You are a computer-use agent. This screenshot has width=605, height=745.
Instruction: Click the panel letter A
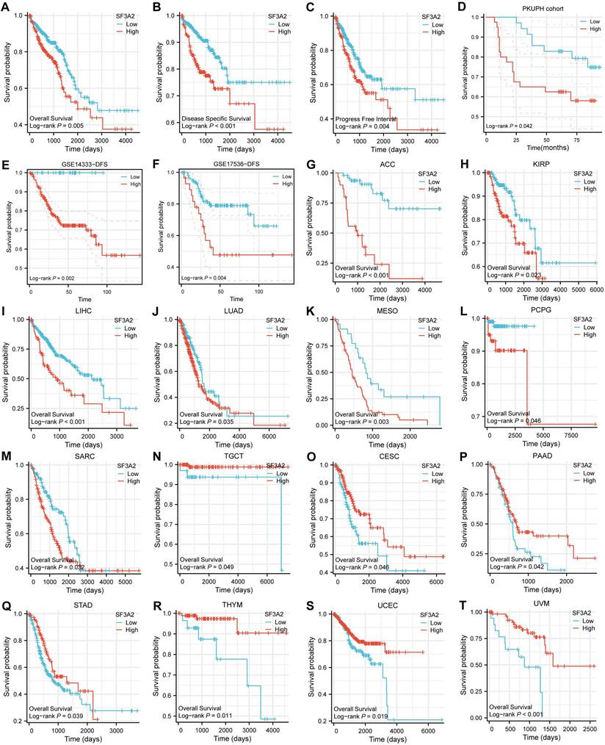[7, 7]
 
